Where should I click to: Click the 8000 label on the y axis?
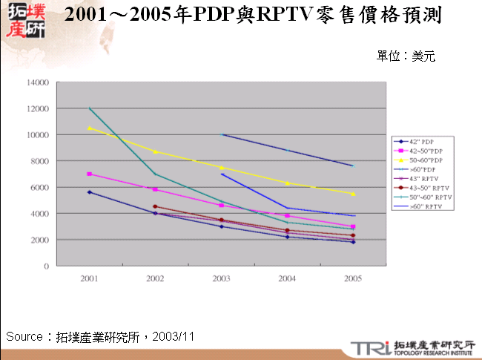pos(40,161)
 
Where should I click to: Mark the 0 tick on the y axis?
pos(46,266)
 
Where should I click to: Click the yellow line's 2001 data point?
pos(90,128)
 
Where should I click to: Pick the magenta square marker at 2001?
pos(90,174)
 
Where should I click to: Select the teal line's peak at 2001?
pos(90,108)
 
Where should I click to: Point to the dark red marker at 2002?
pos(155,206)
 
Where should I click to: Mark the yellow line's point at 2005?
pos(352,194)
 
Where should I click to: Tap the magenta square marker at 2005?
pos(352,226)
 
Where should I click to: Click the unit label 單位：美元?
pos(406,56)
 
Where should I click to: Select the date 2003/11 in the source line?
pos(174,336)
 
